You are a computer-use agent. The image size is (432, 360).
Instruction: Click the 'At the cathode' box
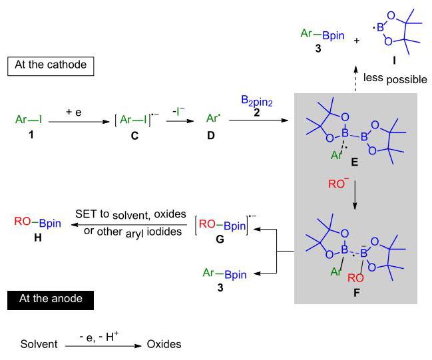tap(51, 66)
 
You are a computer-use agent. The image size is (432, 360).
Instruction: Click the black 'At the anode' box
tap(51, 300)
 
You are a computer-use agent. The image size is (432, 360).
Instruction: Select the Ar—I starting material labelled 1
tap(29, 120)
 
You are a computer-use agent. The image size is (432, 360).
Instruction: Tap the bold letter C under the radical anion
tap(134, 136)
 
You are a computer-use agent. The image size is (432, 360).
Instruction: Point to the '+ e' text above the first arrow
tap(74, 112)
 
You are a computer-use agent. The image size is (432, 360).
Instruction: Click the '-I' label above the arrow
tap(178, 111)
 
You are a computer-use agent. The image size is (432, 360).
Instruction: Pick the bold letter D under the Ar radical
tap(211, 136)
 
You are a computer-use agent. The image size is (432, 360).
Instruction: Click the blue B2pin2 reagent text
tap(257, 100)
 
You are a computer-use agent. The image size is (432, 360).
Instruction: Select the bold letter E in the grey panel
tap(355, 162)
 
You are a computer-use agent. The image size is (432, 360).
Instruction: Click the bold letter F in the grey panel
tap(357, 292)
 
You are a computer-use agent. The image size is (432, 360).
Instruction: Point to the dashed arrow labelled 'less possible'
tap(355, 79)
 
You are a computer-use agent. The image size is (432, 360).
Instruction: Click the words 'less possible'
tap(395, 79)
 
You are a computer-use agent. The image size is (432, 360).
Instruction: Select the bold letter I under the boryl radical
tap(395, 60)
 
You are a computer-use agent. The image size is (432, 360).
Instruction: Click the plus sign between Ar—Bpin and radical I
tap(357, 41)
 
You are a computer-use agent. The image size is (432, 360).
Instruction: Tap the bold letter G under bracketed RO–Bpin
tap(220, 240)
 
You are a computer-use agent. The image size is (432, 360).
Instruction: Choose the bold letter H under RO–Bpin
tap(38, 238)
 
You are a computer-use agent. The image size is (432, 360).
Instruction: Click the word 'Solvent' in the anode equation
tap(39, 344)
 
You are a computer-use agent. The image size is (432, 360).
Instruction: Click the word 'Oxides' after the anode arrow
tap(164, 344)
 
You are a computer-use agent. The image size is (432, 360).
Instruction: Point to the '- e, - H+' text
tap(99, 336)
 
